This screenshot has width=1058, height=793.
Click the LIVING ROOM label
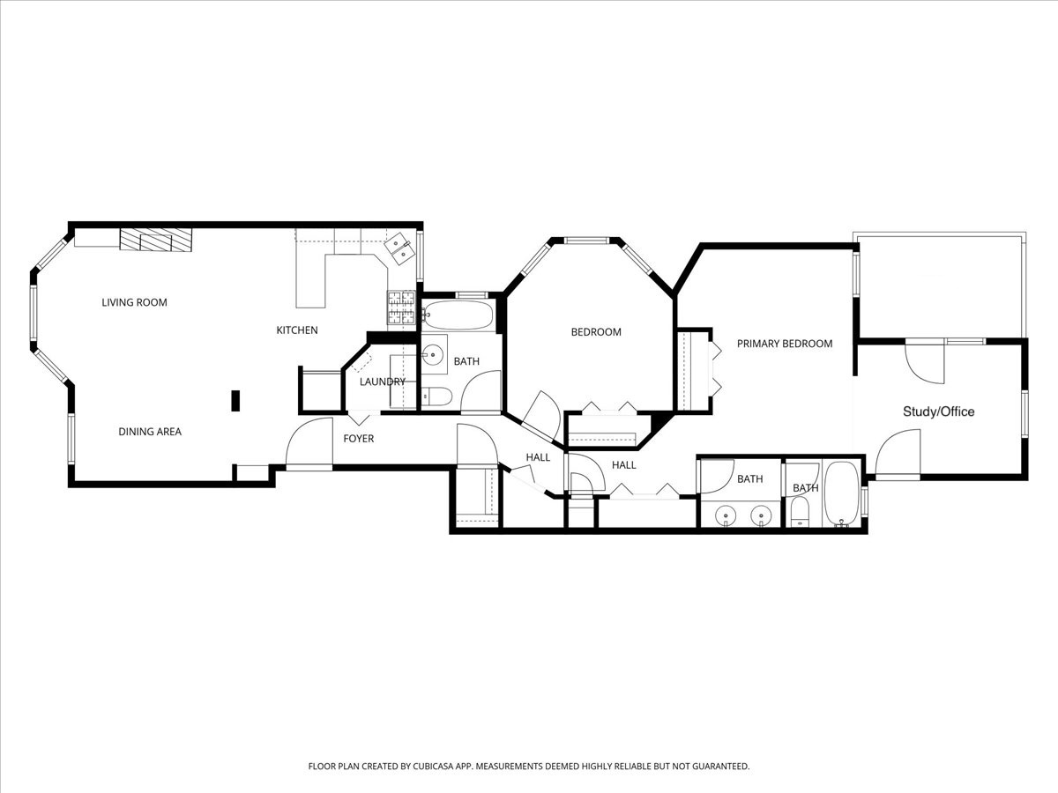click(x=134, y=302)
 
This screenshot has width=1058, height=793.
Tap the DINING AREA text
click(x=150, y=432)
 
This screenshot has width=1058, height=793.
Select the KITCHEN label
click(x=297, y=330)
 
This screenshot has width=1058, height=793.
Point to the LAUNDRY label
click(x=383, y=382)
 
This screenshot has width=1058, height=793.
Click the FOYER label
click(x=359, y=439)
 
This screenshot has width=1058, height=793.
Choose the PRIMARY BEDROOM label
click(x=785, y=344)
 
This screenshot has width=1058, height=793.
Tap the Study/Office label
click(x=938, y=411)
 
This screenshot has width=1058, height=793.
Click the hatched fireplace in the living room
click(x=156, y=239)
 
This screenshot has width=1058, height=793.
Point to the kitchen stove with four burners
click(x=401, y=308)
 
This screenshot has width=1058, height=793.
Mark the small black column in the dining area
click(x=235, y=401)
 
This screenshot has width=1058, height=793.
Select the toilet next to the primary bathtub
click(x=801, y=511)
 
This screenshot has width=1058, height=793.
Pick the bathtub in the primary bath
click(x=841, y=493)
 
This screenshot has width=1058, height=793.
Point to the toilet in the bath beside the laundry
click(x=436, y=396)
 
